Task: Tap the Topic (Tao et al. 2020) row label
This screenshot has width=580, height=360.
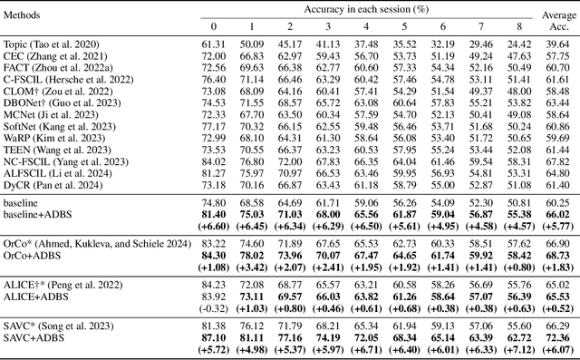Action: tap(53, 43)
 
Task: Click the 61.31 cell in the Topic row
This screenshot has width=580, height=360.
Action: tap(214, 43)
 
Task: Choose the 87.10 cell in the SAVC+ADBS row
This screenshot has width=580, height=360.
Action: tap(214, 337)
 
